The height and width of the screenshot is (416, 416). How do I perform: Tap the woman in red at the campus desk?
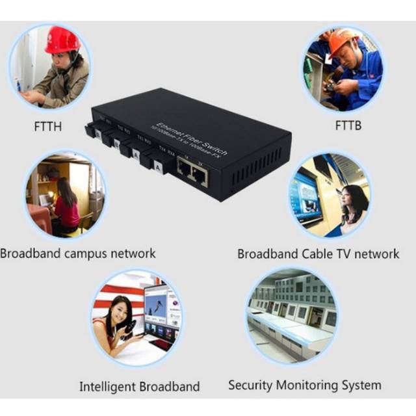pyautogui.click(x=66, y=208)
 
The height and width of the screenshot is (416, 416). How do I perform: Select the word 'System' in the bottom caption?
pyautogui.click(x=359, y=385)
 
